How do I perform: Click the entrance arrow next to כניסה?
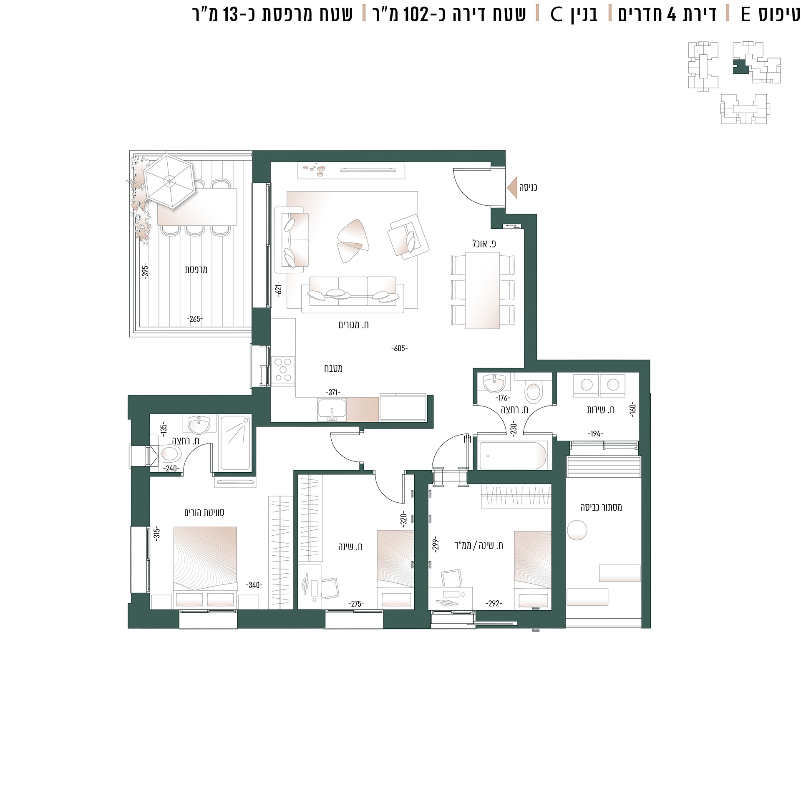point(512,188)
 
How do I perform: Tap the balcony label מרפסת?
point(196,270)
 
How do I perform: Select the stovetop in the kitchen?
point(283,369)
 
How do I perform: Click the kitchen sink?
point(332,410)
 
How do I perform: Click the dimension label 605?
point(399,348)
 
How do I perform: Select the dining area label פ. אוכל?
point(484,244)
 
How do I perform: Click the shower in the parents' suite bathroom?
point(235,443)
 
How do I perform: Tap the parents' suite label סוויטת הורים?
point(204,513)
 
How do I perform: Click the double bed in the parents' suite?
point(205,568)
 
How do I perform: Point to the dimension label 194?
point(595,434)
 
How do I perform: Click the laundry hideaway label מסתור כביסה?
point(601,508)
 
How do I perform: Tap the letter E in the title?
point(746,14)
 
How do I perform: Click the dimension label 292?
point(494,604)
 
